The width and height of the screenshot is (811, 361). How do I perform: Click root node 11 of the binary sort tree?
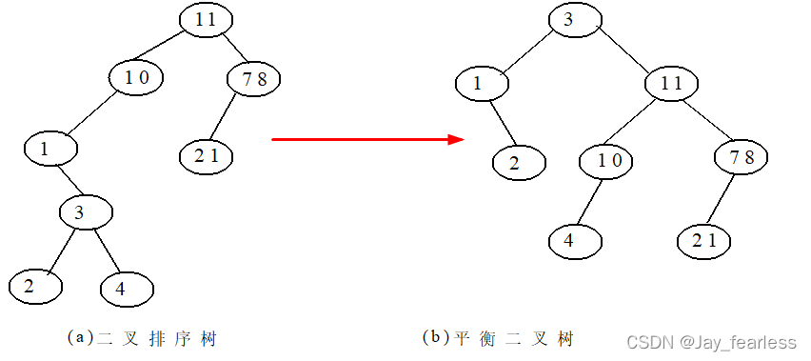(x=207, y=20)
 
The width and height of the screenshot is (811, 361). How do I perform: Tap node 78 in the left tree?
(x=254, y=78)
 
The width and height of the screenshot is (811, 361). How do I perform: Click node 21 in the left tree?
(x=207, y=156)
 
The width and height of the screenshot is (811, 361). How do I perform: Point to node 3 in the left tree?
(x=87, y=211)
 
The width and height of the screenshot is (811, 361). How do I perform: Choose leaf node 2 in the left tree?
(x=34, y=284)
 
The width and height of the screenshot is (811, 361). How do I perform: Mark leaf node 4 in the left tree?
(x=127, y=288)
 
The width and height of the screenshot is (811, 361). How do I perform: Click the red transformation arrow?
(x=367, y=139)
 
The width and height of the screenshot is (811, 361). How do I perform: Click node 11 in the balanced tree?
(x=672, y=83)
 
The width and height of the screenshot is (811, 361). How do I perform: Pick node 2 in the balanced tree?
(x=519, y=162)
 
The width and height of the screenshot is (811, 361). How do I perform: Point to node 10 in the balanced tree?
(x=610, y=159)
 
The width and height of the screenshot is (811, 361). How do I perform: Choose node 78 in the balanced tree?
(x=742, y=157)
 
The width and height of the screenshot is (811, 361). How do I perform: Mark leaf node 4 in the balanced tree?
(x=576, y=239)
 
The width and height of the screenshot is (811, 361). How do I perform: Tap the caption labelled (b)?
(x=498, y=338)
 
